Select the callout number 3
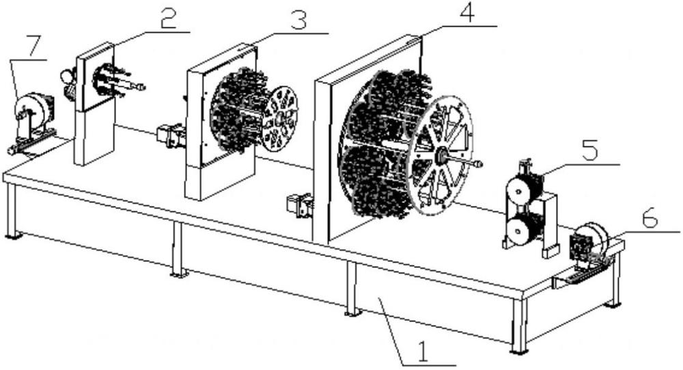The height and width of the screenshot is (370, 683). (x=298, y=19)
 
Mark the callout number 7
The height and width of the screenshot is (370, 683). (x=34, y=46)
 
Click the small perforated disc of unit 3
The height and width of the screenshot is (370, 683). (x=279, y=119)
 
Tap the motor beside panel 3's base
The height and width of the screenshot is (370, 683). (x=171, y=135)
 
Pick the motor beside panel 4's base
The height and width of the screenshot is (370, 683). (x=301, y=205)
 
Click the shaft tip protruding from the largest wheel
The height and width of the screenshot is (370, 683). (x=479, y=165)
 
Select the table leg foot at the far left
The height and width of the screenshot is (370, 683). (x=14, y=236)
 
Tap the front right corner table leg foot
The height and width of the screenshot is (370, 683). (x=519, y=350)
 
